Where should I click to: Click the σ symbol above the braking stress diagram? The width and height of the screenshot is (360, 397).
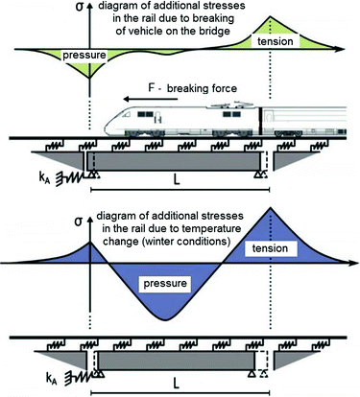point(88,10)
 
